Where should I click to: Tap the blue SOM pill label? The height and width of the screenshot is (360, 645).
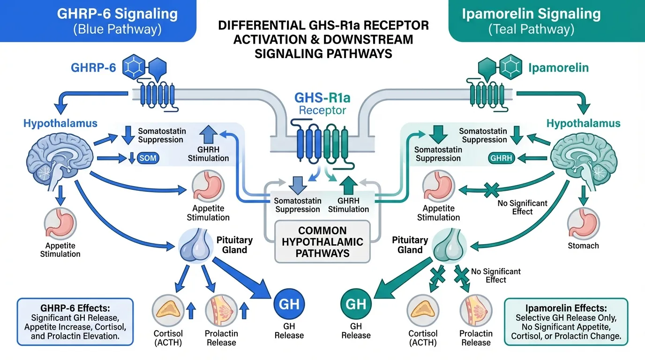click(149, 158)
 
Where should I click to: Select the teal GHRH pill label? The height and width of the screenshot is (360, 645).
click(501, 158)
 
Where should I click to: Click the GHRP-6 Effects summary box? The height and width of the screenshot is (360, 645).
click(75, 322)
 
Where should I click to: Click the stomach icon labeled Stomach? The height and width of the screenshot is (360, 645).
click(583, 224)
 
